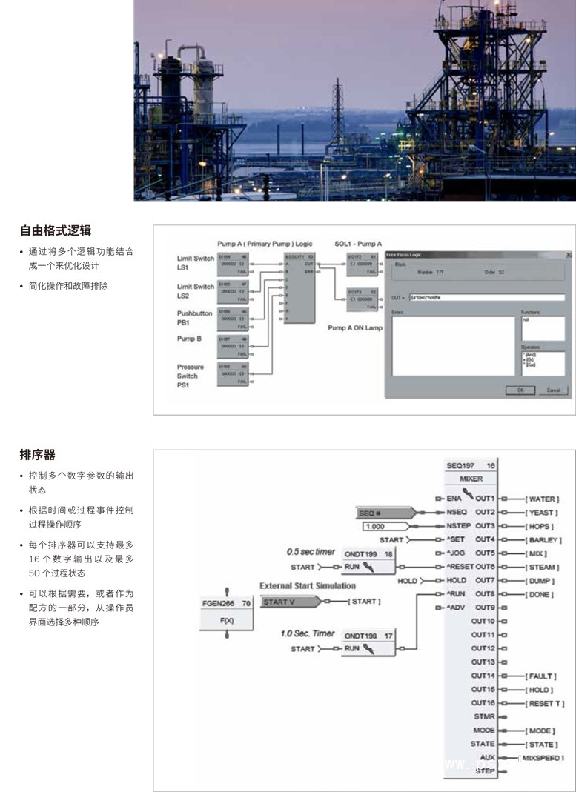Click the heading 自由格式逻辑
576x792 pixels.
[56, 230]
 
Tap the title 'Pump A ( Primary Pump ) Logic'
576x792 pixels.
[265, 243]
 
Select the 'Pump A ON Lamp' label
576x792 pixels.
[355, 328]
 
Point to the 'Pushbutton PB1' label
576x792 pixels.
[195, 318]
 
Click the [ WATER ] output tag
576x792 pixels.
[542, 499]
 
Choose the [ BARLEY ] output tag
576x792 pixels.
[543, 540]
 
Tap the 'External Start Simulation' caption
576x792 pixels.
[307, 586]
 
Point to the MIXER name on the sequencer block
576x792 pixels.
[471, 479]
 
